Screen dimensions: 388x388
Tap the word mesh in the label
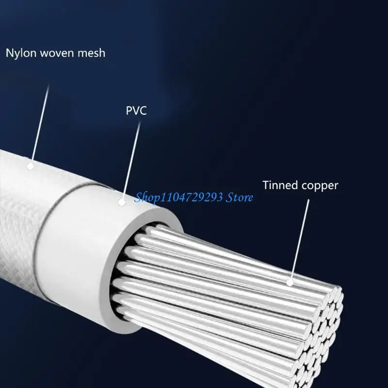tap(91, 53)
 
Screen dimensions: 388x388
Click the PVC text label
tap(136, 111)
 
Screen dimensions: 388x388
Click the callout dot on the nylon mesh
tap(31, 165)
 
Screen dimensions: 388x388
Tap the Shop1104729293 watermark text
tap(179, 197)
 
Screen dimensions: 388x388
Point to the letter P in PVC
tap(129, 111)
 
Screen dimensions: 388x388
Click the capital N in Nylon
tap(9, 53)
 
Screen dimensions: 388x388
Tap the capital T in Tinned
tap(266, 185)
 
